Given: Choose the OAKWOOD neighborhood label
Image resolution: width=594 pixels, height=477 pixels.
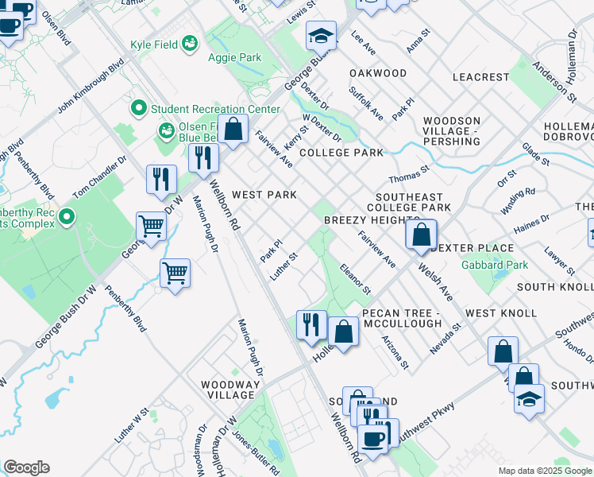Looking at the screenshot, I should pyautogui.click(x=378, y=73).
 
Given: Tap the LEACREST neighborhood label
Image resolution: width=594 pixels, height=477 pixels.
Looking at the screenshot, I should pyautogui.click(x=480, y=77).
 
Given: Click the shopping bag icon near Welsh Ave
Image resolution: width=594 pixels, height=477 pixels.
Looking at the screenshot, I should pyautogui.click(x=421, y=235).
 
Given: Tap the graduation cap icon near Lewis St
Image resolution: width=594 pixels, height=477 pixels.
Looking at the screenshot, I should pyautogui.click(x=321, y=37).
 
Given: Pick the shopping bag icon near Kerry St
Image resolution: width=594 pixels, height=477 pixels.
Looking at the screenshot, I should pyautogui.click(x=233, y=130).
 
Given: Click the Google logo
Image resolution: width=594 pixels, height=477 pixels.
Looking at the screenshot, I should pyautogui.click(x=26, y=467).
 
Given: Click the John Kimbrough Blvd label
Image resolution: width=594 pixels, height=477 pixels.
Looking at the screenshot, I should pyautogui.click(x=91, y=83).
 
